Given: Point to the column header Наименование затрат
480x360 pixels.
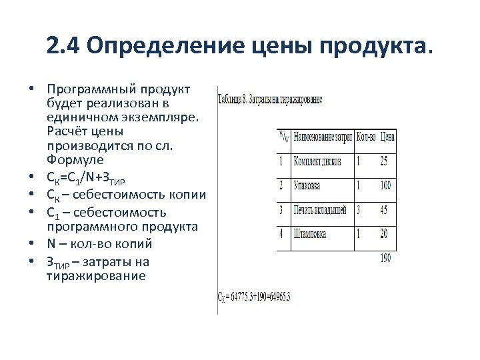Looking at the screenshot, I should pos(323,137).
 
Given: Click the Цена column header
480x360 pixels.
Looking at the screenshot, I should pos(387,137).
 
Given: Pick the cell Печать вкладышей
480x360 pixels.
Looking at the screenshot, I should pos(320,210).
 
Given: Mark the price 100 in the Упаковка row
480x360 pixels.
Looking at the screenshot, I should pos(385,185).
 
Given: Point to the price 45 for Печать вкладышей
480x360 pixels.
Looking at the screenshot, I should pos(384,210).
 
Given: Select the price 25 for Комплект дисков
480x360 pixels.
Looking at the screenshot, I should pos(384,161).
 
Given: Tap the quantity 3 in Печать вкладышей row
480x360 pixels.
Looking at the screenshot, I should pos(358,210).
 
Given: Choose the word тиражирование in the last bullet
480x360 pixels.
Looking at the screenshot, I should pos(96,275).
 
